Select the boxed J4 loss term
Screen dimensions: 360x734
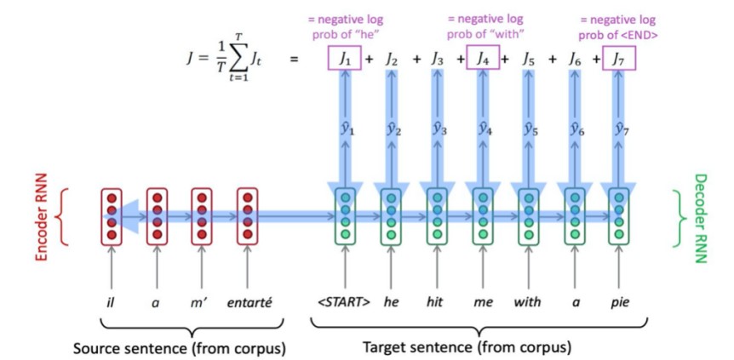tap(483, 59)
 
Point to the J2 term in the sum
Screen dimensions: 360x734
tap(392, 59)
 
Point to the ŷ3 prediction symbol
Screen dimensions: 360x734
tap(437, 131)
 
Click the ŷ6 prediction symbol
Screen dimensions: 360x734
tap(573, 131)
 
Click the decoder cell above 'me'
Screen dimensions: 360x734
tap(482, 216)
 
